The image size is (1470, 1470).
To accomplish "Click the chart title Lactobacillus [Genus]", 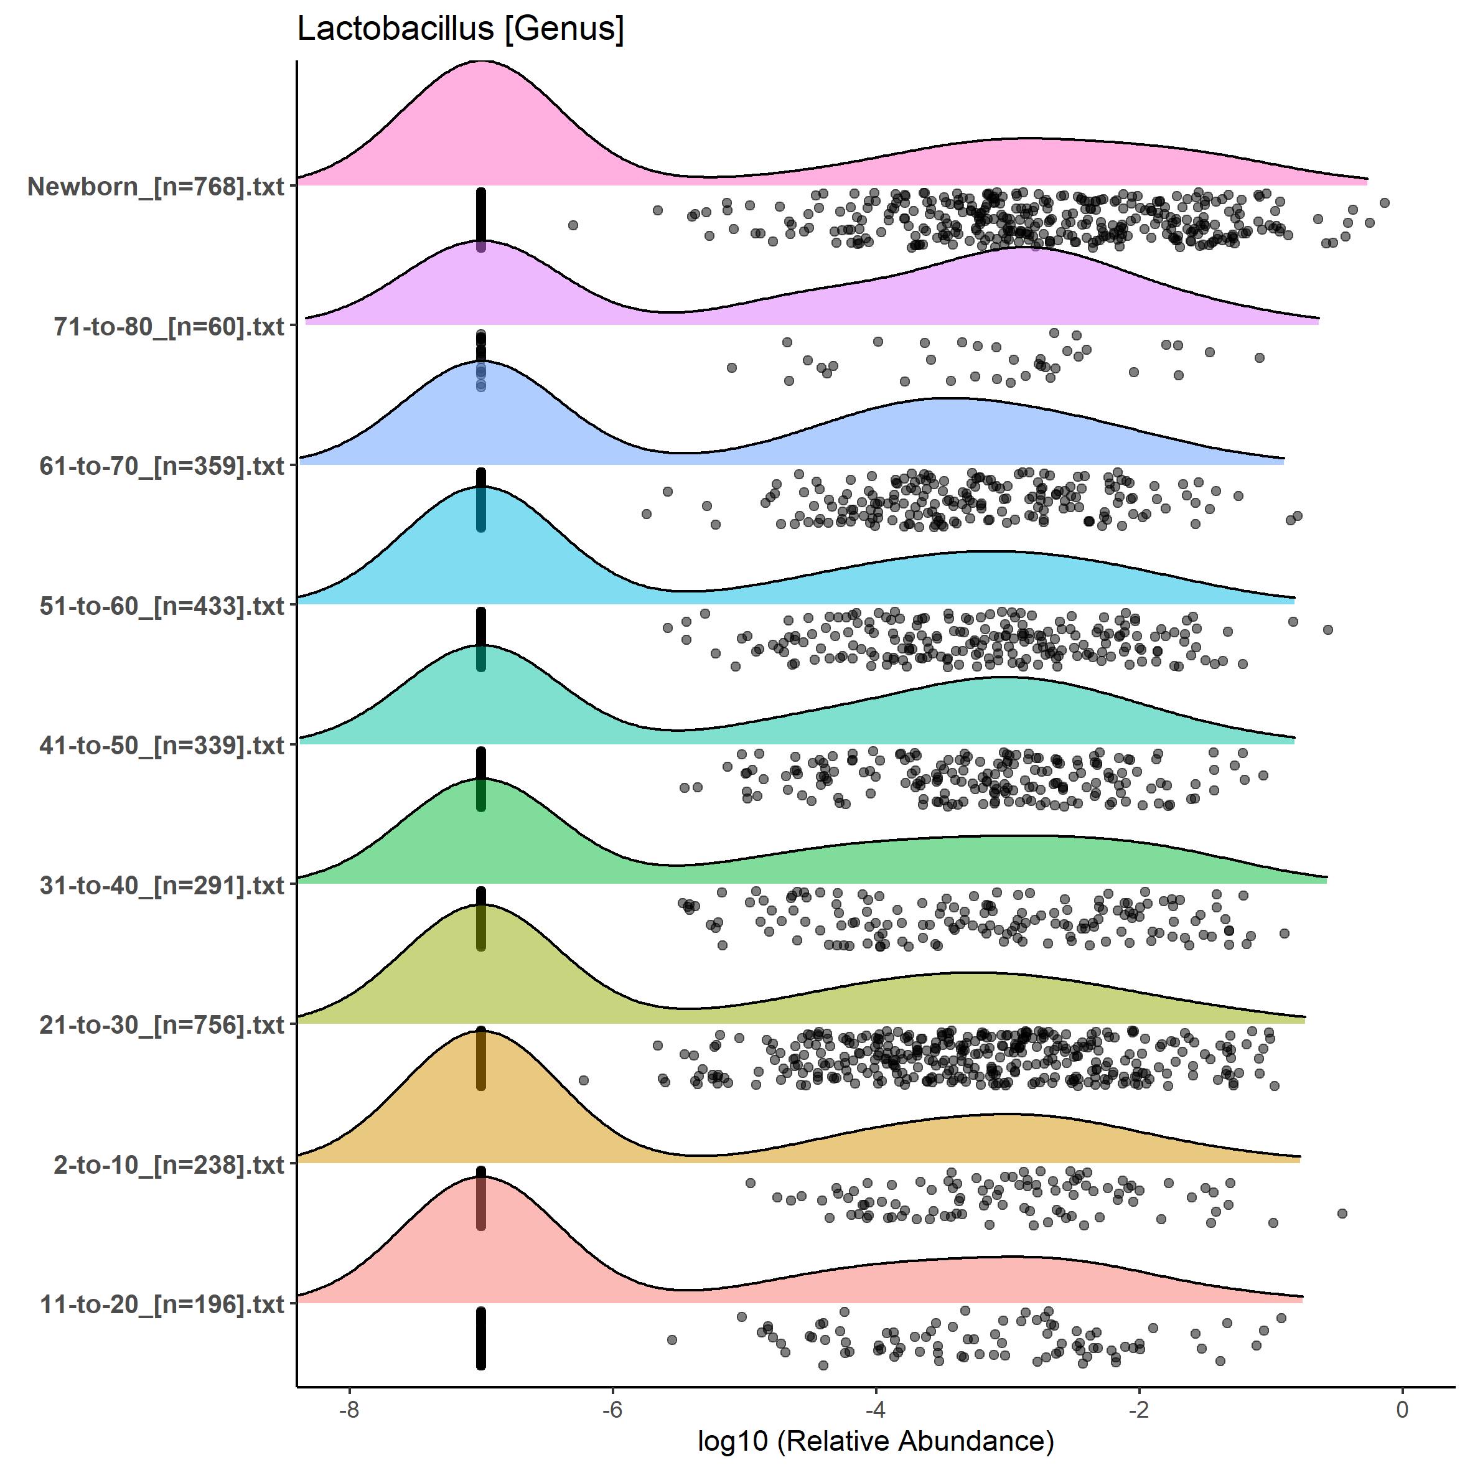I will (461, 29).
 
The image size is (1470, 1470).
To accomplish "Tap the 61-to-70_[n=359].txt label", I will (162, 466).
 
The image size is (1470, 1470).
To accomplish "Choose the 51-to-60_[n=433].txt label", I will (162, 606).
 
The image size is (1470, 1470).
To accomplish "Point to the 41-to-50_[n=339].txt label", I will (162, 745).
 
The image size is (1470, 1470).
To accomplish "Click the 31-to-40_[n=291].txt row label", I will (162, 885).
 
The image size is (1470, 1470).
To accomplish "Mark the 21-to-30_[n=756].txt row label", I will (162, 1024).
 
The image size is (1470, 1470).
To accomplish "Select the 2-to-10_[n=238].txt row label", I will (169, 1164).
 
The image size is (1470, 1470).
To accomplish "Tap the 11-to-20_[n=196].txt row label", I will (162, 1304).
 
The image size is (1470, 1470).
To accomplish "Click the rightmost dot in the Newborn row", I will (1385, 202).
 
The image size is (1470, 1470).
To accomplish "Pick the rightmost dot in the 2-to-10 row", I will (1342, 1213).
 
